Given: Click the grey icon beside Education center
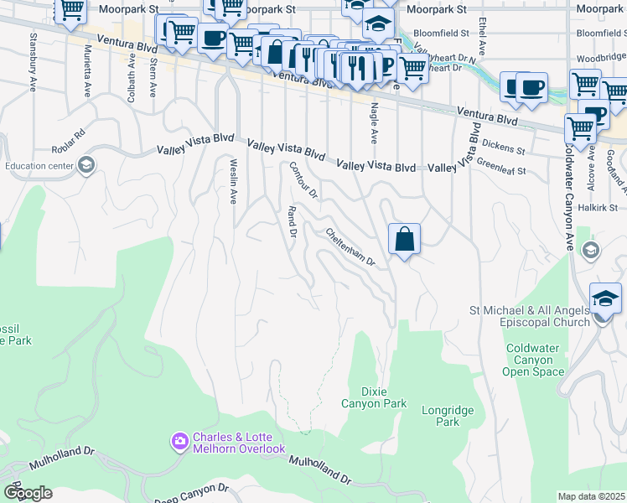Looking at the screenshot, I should (x=85, y=165).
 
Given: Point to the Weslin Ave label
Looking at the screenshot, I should (x=233, y=181).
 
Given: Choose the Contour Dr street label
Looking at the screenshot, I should (x=303, y=179).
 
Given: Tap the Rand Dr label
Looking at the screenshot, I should (x=293, y=222).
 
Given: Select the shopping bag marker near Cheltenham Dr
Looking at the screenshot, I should (x=404, y=239).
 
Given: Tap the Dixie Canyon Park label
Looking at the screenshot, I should (x=372, y=397).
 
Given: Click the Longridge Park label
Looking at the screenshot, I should (x=448, y=416).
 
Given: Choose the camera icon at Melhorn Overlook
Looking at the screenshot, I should (x=179, y=440).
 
